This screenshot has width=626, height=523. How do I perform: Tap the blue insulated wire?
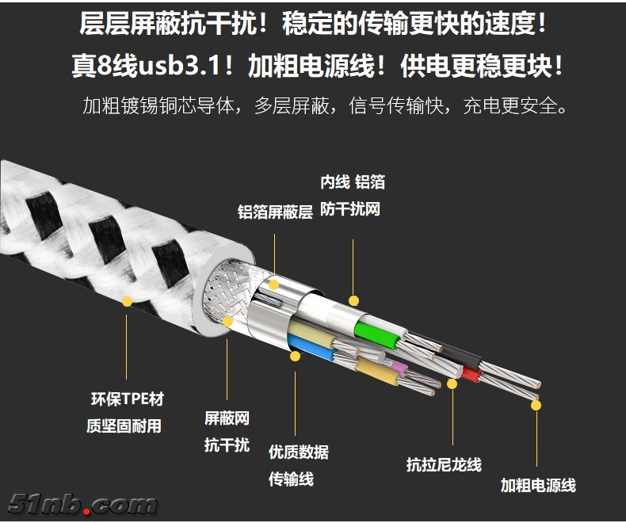pyautogui.click(x=311, y=347)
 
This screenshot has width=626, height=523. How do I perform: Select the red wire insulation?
pyautogui.click(x=472, y=375)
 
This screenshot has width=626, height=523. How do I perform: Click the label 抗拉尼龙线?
pyautogui.click(x=444, y=464)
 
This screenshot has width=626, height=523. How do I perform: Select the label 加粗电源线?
pyautogui.click(x=538, y=485)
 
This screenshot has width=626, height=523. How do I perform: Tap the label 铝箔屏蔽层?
pyautogui.click(x=275, y=212)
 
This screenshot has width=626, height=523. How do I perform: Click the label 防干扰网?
pyautogui.click(x=349, y=208)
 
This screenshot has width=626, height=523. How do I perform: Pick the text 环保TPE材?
pyautogui.click(x=128, y=399)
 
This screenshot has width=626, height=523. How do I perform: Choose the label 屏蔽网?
pyautogui.click(x=227, y=418)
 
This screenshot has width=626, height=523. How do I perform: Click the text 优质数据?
pyautogui.click(x=299, y=452)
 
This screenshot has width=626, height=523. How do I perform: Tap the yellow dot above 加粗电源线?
pyautogui.click(x=536, y=405)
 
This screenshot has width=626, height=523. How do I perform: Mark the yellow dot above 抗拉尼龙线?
pyautogui.click(x=452, y=384)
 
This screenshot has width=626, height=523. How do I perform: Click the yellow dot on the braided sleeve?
pyautogui.click(x=127, y=301)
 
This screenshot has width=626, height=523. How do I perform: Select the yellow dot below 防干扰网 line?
pyautogui.click(x=353, y=300)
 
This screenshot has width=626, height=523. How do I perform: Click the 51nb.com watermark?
pyautogui.click(x=82, y=504)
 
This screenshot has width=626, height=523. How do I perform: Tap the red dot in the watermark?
pyautogui.click(x=86, y=510)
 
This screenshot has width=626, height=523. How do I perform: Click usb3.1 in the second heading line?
pyautogui.click(x=178, y=66)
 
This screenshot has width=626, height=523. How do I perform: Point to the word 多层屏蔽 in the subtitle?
pyautogui.click(x=292, y=106)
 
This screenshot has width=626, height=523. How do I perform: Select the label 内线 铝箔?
pyautogui.click(x=353, y=182)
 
